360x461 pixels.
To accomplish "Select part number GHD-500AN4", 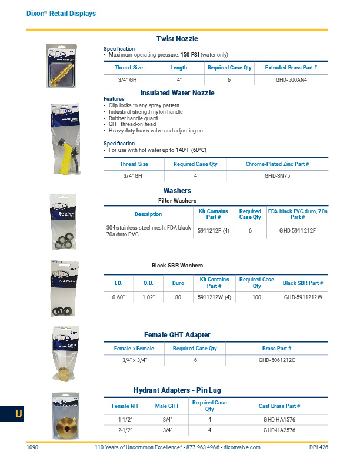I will pyautogui.click(x=291, y=79).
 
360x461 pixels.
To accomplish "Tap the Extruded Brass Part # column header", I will pyautogui.click(x=291, y=68).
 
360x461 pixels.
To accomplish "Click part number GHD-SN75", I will pyautogui.click(x=277, y=175).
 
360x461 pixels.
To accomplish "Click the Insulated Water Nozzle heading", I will pyautogui.click(x=177, y=93).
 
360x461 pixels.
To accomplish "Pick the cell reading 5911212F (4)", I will pyautogui.click(x=214, y=230).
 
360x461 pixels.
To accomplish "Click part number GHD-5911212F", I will pyautogui.click(x=298, y=230).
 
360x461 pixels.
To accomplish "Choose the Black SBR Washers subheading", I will pyautogui.click(x=176, y=266).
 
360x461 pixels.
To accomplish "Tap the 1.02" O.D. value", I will pyautogui.click(x=148, y=297).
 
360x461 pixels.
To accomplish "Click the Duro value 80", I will pyautogui.click(x=178, y=297).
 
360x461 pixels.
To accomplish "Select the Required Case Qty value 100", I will pyautogui.click(x=257, y=297).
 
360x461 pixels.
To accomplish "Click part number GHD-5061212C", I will pyautogui.click(x=276, y=360).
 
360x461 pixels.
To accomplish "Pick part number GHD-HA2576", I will pyautogui.click(x=279, y=430).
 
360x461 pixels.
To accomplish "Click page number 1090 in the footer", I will pyautogui.click(x=32, y=448).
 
